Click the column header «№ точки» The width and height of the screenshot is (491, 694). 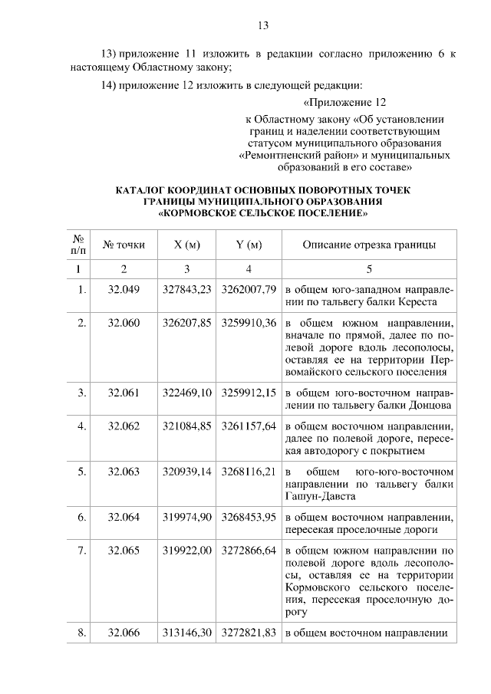124,245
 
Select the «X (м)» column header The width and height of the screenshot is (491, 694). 186,245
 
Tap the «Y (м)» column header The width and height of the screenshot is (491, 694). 248,245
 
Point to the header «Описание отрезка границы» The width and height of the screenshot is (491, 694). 369,245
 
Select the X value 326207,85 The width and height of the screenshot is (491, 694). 186,323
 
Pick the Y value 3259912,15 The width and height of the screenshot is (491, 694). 248,392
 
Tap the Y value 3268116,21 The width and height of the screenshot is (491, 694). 248,472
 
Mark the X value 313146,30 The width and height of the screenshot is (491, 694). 186,633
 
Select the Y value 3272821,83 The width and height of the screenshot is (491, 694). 248,633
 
